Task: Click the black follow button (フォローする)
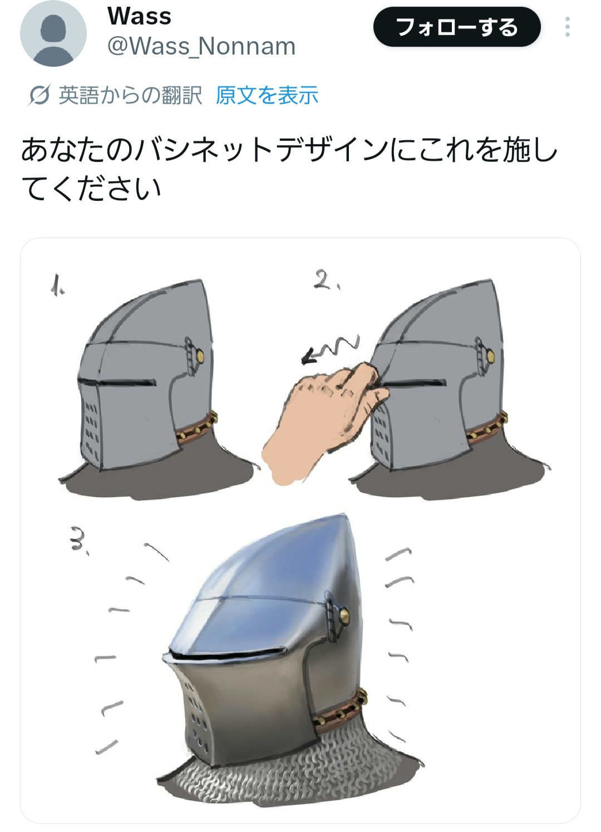click(457, 27)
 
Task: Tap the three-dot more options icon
click(567, 27)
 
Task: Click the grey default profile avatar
click(53, 33)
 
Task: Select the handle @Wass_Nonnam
click(201, 46)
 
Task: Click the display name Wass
click(139, 16)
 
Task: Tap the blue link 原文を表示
click(267, 95)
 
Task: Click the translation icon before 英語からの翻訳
click(38, 96)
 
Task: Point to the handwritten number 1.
click(57, 285)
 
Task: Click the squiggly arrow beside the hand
click(329, 349)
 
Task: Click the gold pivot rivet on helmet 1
click(200, 356)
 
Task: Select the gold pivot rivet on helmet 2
click(491, 356)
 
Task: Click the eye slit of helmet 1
click(116, 382)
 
